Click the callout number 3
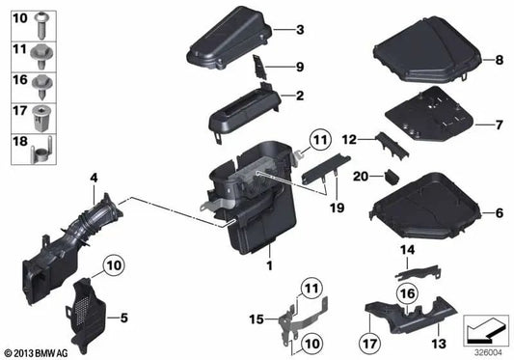(x=300, y=31)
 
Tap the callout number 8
(x=500, y=61)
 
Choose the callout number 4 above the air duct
(x=94, y=177)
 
